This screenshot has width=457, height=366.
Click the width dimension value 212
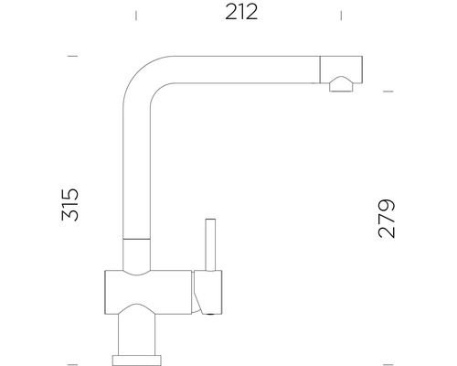[x=239, y=13]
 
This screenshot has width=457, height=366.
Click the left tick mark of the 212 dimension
[x=137, y=15]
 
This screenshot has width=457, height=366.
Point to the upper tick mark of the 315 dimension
[x=73, y=57]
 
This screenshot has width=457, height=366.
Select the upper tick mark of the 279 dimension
[x=387, y=91]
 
